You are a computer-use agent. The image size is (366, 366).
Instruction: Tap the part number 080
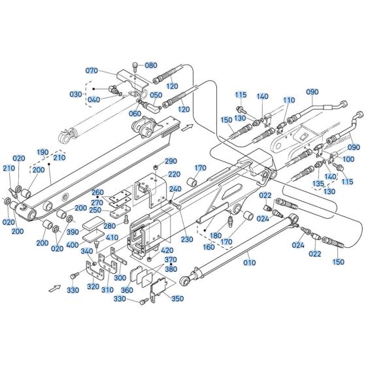click(151, 65)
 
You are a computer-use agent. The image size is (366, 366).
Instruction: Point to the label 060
click(135, 114)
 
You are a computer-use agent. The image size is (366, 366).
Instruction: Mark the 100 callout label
click(348, 159)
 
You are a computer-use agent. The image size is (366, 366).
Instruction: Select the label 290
click(170, 161)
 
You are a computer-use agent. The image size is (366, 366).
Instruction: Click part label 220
click(174, 175)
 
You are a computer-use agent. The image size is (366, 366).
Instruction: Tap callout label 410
click(112, 238)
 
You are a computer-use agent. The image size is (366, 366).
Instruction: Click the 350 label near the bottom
click(177, 299)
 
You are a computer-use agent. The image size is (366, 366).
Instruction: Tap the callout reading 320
click(93, 286)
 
